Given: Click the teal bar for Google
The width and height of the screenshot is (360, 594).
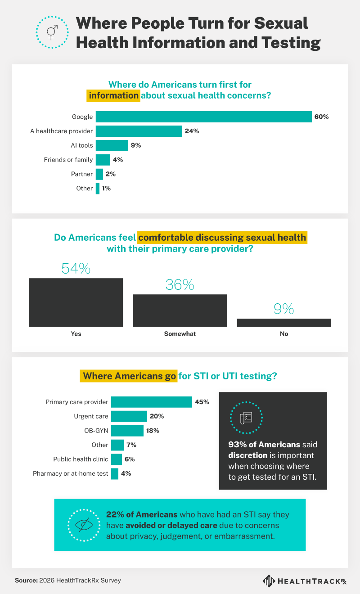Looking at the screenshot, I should [x=203, y=117].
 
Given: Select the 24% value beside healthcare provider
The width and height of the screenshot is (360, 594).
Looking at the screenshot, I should [x=191, y=131].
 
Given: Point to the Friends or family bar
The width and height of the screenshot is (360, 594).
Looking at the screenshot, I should [x=103, y=160].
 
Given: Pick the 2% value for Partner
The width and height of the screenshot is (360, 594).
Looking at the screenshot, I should [x=111, y=174].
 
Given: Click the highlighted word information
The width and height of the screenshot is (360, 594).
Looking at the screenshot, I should [x=113, y=95].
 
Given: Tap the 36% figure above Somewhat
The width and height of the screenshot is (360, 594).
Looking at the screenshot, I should [x=180, y=285].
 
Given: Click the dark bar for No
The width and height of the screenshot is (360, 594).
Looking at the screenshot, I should [x=284, y=322].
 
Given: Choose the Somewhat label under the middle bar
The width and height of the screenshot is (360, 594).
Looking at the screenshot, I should [x=180, y=334].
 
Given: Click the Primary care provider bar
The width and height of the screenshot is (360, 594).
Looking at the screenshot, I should [x=151, y=402].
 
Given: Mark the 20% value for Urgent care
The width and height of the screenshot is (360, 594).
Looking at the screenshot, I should [x=157, y=416].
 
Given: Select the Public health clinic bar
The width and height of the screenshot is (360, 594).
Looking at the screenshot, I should [x=116, y=459].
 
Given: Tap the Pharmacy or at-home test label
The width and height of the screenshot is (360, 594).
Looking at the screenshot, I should [x=71, y=473].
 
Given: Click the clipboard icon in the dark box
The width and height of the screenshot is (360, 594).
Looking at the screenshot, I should [x=246, y=418].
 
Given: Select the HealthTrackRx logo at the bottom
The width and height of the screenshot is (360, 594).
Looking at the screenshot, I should [x=305, y=581].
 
